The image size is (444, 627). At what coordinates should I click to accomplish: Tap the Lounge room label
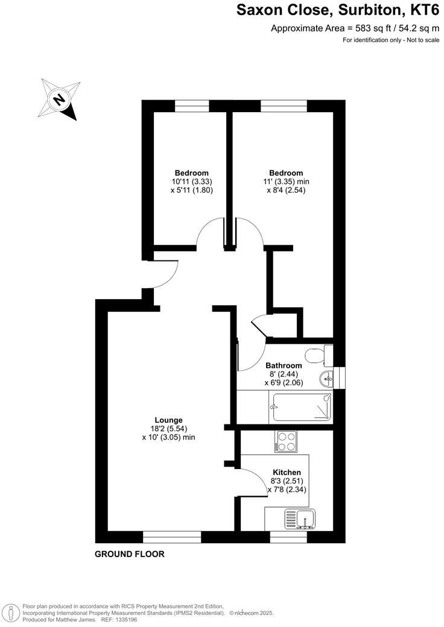coord(168,420)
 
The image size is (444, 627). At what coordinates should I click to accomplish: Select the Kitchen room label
coord(287,472)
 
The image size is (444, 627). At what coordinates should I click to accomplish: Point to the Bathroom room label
coord(284,365)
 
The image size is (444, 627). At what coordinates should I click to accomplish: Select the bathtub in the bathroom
coord(300,407)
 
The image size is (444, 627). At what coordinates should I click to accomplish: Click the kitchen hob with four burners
coord(285,441)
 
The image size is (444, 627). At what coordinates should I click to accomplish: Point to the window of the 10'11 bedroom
coord(192,106)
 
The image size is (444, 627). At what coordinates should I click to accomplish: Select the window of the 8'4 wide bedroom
coord(284,106)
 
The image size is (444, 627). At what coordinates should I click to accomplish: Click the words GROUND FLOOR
coord(129,554)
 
